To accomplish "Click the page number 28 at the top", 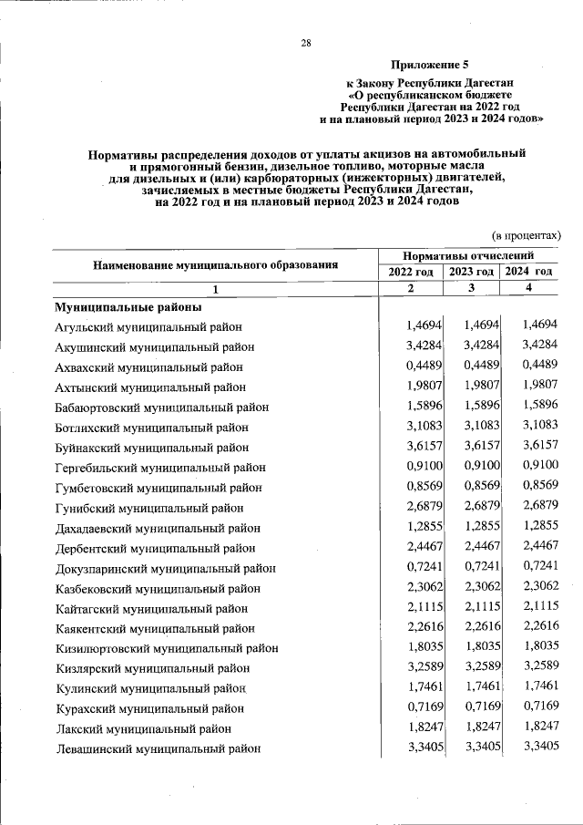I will [306, 43].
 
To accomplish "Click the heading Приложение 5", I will [429, 65].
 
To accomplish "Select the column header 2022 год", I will [411, 272].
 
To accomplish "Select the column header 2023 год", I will [471, 272].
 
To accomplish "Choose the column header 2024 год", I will [529, 272].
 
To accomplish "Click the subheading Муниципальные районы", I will [120, 307].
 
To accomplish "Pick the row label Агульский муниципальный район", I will [148, 327].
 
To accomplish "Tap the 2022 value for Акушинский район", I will [417, 346].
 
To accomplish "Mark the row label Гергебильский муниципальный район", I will [159, 468].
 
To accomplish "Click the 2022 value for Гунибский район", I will [417, 507].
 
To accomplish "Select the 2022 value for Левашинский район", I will [417, 748].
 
